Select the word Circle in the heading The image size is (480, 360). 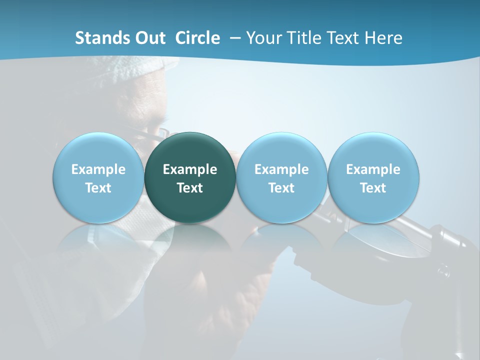(x=197, y=38)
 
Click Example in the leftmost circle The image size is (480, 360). (x=98, y=169)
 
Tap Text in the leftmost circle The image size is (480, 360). (x=98, y=188)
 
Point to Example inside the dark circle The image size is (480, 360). (x=190, y=169)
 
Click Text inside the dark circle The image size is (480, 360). (x=190, y=188)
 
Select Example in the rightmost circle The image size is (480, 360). (x=373, y=169)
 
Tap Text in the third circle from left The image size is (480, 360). (x=281, y=188)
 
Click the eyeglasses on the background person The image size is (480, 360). (x=150, y=133)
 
